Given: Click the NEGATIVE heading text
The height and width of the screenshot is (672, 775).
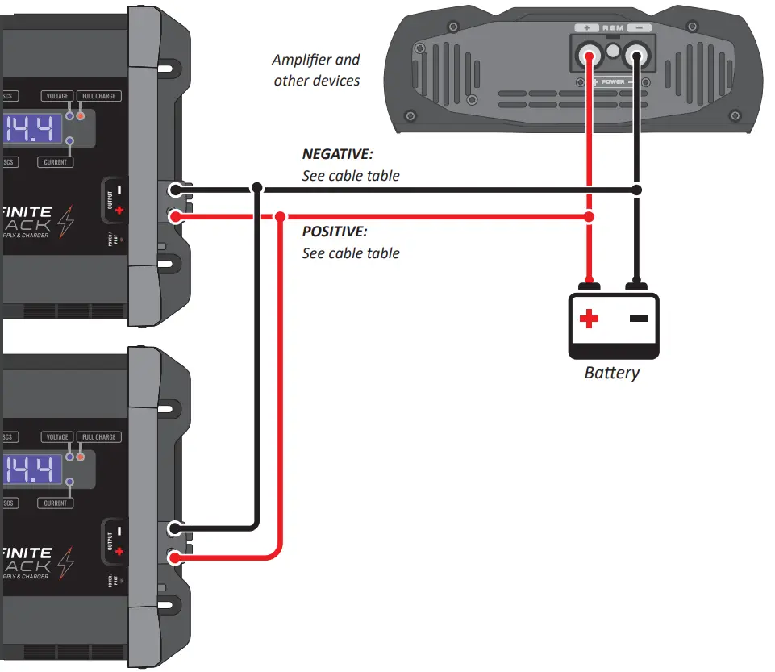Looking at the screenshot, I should (x=338, y=153).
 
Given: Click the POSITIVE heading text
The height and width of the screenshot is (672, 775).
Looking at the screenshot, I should (x=334, y=232).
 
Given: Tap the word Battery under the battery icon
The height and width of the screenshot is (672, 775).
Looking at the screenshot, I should (x=612, y=373).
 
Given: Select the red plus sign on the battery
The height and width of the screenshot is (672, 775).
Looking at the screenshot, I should (x=590, y=319).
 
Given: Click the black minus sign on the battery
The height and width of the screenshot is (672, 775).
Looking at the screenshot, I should (x=639, y=319).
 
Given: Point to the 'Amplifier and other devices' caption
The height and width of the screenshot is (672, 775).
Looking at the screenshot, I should (x=316, y=70).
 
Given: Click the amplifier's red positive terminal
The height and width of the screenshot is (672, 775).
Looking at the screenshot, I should (x=590, y=57).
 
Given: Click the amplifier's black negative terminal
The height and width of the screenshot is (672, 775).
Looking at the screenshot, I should (x=637, y=57).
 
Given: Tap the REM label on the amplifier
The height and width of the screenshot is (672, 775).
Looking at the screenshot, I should (x=613, y=28).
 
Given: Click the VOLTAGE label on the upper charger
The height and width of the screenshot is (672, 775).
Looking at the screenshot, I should (x=56, y=96).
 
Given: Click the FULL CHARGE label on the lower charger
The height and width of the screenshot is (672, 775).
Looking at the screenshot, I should (x=99, y=437).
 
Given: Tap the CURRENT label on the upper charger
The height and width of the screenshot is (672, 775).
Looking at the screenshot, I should (x=55, y=162).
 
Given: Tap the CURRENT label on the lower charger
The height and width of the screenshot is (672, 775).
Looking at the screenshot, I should (x=55, y=503).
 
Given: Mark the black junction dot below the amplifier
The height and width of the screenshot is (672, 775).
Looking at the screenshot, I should (x=637, y=190).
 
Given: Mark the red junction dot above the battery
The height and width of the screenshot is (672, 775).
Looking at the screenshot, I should (x=590, y=217).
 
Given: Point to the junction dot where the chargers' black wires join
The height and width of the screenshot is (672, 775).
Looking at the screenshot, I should (x=256, y=187).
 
